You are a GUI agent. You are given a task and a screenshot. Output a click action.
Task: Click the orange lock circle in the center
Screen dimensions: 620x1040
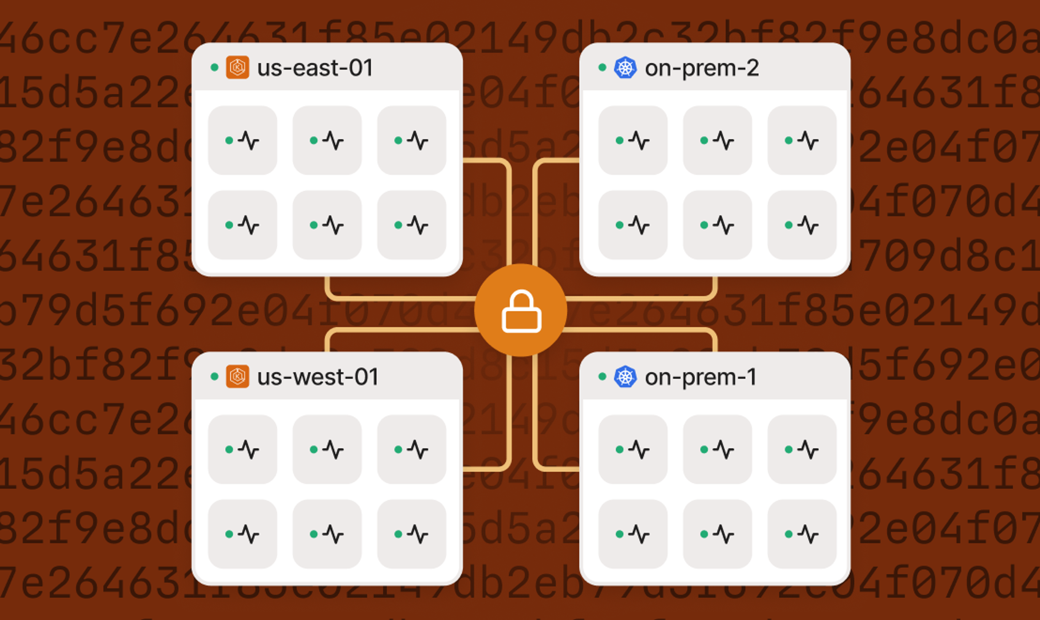(x=521, y=310)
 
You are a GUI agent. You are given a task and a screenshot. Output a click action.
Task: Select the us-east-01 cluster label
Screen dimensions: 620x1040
(x=315, y=68)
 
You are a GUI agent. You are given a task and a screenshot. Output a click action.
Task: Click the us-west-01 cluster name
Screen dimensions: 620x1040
(x=318, y=377)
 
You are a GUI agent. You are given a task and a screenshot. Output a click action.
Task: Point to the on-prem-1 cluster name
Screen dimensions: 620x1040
(x=700, y=377)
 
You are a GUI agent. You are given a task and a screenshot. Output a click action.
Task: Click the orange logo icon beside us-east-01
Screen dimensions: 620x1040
(x=238, y=67)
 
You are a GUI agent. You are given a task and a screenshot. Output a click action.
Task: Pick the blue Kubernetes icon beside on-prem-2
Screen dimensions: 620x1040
(x=625, y=67)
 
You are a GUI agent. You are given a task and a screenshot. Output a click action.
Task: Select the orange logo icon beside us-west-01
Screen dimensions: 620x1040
(x=238, y=377)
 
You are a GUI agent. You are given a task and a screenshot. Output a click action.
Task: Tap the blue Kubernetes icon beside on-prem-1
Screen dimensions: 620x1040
(x=625, y=377)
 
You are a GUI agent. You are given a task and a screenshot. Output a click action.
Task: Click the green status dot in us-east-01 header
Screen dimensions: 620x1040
(x=214, y=67)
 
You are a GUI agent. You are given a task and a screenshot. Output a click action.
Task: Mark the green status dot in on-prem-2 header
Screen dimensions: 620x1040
(x=602, y=67)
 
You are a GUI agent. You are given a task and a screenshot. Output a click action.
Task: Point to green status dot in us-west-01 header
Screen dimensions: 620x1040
(x=214, y=377)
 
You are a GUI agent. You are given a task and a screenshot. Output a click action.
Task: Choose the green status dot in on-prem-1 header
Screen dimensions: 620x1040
(x=602, y=377)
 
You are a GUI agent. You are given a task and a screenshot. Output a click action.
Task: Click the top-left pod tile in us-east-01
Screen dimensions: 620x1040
(x=242, y=140)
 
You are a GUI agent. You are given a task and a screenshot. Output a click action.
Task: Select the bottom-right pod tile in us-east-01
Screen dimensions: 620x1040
(x=411, y=225)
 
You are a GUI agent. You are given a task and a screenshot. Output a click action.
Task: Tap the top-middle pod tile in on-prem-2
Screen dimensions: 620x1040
(x=717, y=140)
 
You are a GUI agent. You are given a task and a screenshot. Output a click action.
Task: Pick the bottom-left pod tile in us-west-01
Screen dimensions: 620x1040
(x=242, y=534)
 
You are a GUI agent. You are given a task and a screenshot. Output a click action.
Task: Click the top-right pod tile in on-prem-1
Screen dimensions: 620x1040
(x=802, y=449)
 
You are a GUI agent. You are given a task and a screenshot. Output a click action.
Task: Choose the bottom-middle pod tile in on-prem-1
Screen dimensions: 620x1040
(x=717, y=534)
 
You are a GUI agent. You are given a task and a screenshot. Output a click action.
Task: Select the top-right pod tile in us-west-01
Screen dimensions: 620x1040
(x=411, y=449)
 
